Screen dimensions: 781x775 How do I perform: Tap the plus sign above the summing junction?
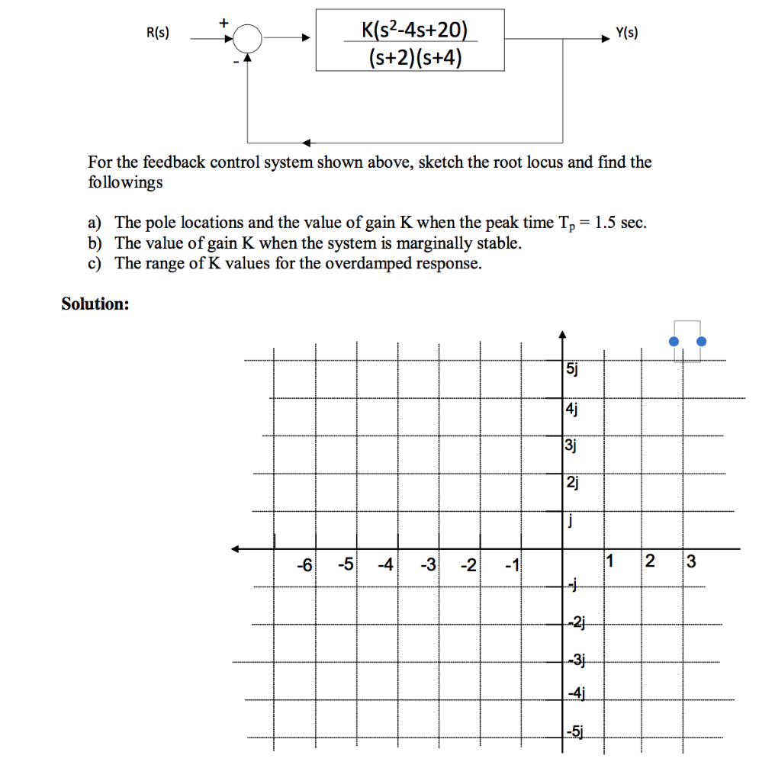pyautogui.click(x=223, y=22)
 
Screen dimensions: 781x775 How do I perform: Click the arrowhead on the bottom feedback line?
pyautogui.click(x=306, y=143)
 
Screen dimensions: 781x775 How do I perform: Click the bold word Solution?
pyautogui.click(x=95, y=304)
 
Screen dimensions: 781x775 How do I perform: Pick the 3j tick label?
pyautogui.click(x=571, y=445)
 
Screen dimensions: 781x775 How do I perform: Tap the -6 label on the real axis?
pyautogui.click(x=304, y=565)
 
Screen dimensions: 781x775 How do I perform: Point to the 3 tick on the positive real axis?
pyautogui.click(x=691, y=564)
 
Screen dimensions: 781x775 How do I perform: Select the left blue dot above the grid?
pyautogui.click(x=674, y=342)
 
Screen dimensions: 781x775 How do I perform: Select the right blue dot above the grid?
pyautogui.click(x=702, y=342)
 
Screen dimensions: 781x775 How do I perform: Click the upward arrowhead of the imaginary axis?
pyautogui.click(x=562, y=333)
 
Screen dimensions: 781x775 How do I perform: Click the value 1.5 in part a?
pyautogui.click(x=606, y=223)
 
